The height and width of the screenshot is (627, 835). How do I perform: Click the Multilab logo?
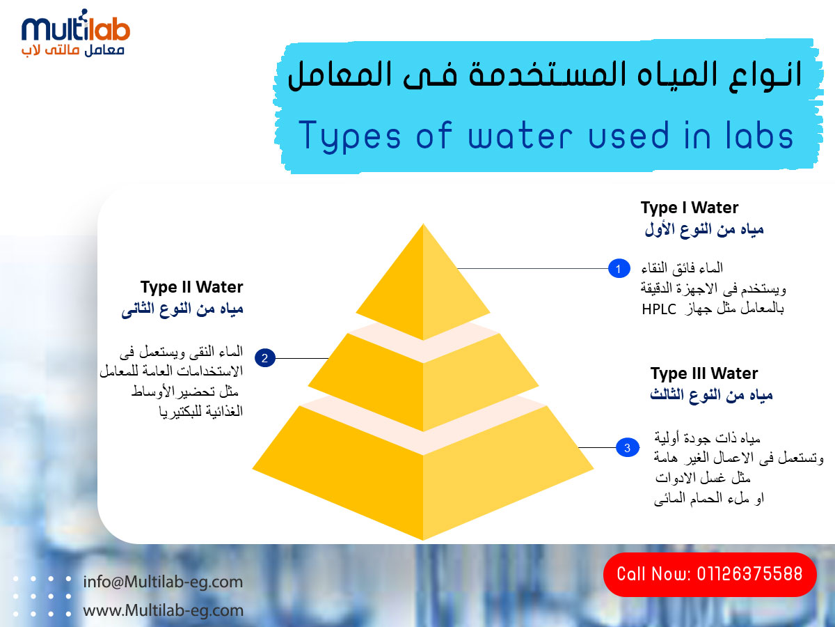tap(76, 33)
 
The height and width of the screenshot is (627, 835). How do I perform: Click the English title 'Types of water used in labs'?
tap(546, 136)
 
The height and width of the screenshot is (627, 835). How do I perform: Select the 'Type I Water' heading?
tap(690, 208)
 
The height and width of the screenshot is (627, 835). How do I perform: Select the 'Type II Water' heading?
tap(192, 287)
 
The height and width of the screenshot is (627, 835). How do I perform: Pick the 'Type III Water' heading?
tap(704, 373)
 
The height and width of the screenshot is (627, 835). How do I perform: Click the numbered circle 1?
tap(619, 268)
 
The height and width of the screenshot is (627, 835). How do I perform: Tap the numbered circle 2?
tap(265, 358)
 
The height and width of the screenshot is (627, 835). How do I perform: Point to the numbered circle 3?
tap(628, 448)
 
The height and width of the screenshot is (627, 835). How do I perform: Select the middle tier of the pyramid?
tap(423, 380)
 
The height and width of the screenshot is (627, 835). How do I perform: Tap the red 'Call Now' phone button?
tap(710, 575)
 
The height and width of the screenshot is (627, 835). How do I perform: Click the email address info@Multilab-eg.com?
tap(163, 582)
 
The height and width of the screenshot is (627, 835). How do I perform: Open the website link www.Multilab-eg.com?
tap(164, 610)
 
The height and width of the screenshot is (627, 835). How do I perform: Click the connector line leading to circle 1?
tap(532, 268)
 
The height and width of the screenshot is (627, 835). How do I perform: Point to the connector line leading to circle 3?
tap(597, 448)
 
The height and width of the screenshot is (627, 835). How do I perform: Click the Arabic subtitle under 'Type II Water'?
tap(182, 309)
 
